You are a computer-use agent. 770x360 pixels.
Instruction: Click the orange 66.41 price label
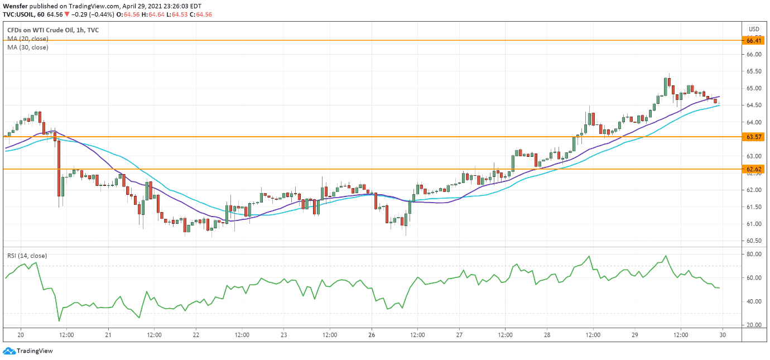[754, 41]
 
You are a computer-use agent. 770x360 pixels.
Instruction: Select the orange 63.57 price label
[754, 137]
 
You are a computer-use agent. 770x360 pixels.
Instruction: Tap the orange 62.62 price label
[754, 169]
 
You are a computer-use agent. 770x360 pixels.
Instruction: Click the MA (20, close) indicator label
[28, 39]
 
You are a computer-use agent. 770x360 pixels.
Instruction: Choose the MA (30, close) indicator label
[28, 47]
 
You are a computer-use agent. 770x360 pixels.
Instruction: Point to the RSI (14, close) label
[27, 256]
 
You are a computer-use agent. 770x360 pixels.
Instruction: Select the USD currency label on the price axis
[754, 29]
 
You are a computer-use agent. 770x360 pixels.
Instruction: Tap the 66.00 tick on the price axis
[754, 55]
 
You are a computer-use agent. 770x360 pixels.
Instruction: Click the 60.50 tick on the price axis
[754, 241]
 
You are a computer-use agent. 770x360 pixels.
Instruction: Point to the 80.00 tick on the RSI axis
[754, 255]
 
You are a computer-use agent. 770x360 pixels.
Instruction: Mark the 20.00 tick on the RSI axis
[754, 325]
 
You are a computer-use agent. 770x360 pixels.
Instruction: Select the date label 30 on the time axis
[723, 335]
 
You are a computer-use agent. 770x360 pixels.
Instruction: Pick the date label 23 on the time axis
[283, 335]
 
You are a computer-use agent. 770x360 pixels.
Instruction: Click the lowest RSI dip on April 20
[59, 321]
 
